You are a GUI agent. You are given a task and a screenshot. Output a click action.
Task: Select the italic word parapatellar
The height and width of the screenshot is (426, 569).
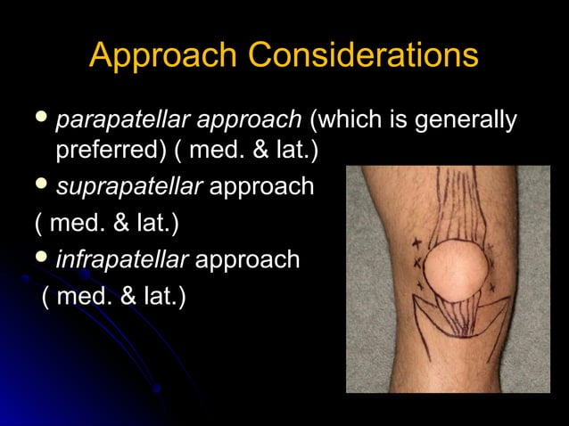point(122,119)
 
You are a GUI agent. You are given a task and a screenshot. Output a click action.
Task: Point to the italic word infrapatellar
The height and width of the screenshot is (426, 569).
point(122,259)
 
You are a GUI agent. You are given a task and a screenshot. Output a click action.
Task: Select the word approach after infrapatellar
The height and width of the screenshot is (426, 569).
point(247,260)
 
